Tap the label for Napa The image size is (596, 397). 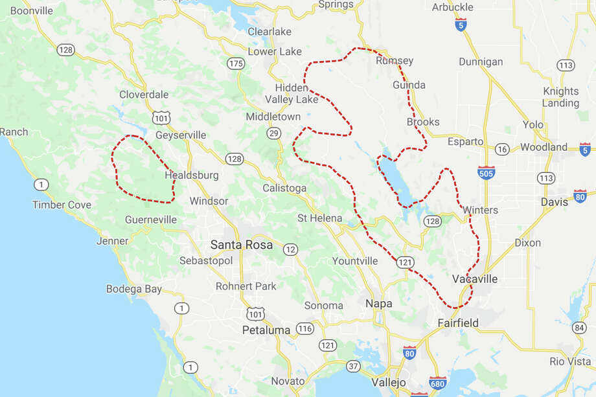pos(379,303)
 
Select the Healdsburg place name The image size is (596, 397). pos(192,176)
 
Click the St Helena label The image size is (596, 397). pos(319,218)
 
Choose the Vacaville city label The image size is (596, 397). pos(475,279)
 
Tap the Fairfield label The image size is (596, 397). pos(458,323)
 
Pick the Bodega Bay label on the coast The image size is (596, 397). pos(133,289)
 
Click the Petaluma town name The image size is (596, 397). pos(266,330)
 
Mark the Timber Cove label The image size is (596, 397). pos(62,205)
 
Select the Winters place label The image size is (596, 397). pos(480,210)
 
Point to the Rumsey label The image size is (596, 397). pos(395,61)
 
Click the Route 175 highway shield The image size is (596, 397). pos(236,63)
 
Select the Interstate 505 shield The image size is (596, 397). pos(486,172)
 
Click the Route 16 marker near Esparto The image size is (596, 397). pos(502,150)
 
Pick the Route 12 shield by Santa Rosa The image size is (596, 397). pos(290,249)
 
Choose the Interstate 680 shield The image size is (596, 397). pos(438,383)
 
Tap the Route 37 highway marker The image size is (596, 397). pos(353,367)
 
